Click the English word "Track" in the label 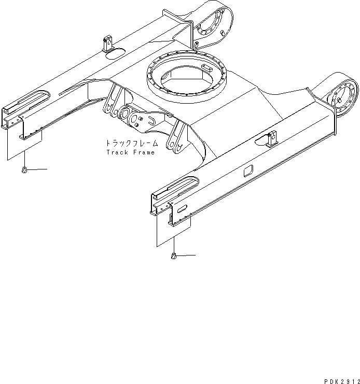pyautogui.click(x=117, y=152)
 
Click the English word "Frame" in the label pyautogui.click(x=144, y=152)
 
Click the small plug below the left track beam pyautogui.click(x=25, y=170)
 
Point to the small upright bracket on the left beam pyautogui.click(x=108, y=43)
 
